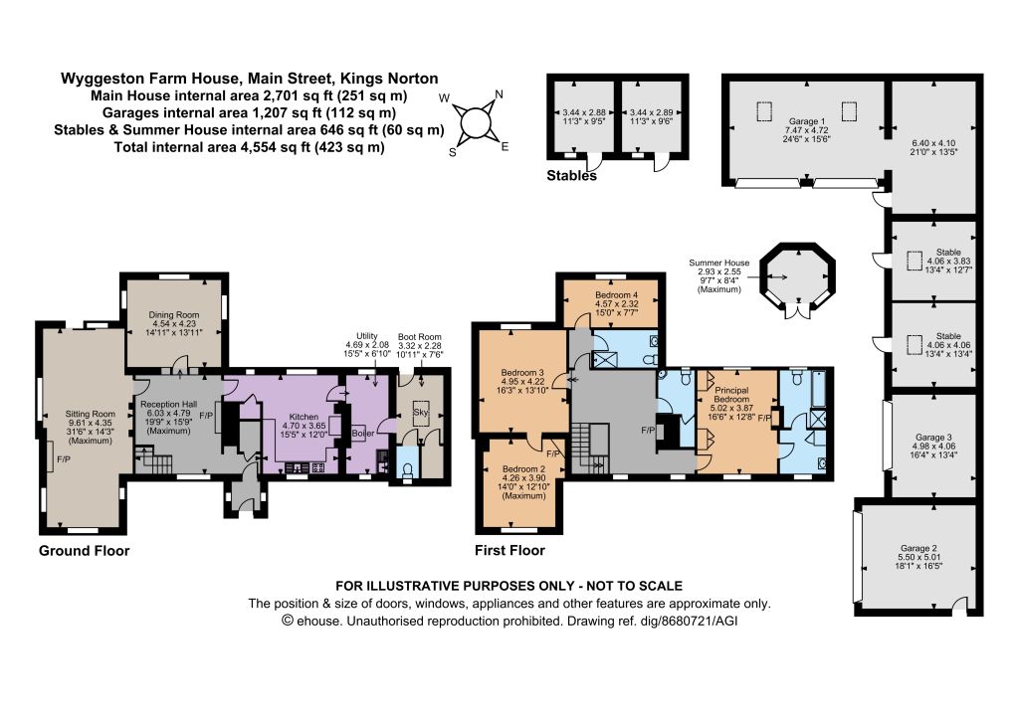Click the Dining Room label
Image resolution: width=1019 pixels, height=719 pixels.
[x=174, y=315]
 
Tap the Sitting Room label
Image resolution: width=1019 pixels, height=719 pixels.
[x=91, y=414]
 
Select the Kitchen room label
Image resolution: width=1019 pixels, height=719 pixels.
[x=304, y=417]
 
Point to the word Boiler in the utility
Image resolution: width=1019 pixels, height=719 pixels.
[x=363, y=433]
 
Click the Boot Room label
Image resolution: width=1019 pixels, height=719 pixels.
[x=420, y=337]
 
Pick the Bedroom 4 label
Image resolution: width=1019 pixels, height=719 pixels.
[x=617, y=295]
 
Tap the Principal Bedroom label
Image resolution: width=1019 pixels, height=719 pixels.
[x=731, y=395]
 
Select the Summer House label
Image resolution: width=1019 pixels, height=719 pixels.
[x=719, y=264]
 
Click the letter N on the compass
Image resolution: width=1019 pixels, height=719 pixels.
[x=500, y=94]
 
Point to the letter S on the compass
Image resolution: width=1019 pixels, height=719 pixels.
[x=453, y=152]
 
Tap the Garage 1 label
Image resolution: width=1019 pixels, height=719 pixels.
[x=807, y=121]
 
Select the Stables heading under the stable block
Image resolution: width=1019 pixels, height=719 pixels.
[x=572, y=175]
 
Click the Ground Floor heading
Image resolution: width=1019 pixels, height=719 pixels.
[x=85, y=551]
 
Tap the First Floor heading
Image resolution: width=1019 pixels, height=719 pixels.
[x=510, y=551]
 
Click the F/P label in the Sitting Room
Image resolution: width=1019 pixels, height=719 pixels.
[x=64, y=459]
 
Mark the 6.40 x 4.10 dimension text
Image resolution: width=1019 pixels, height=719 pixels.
[x=933, y=143]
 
